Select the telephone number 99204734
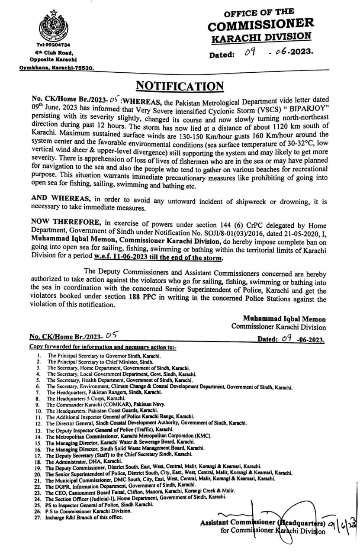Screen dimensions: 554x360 57,45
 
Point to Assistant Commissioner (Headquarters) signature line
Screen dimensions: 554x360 262,523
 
